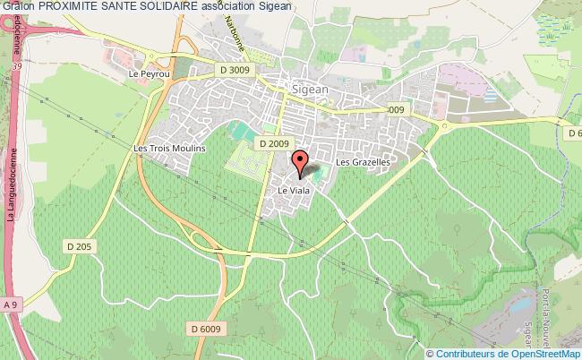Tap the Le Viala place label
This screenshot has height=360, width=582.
pos(293,190)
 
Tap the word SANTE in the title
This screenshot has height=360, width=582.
pos(122,6)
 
